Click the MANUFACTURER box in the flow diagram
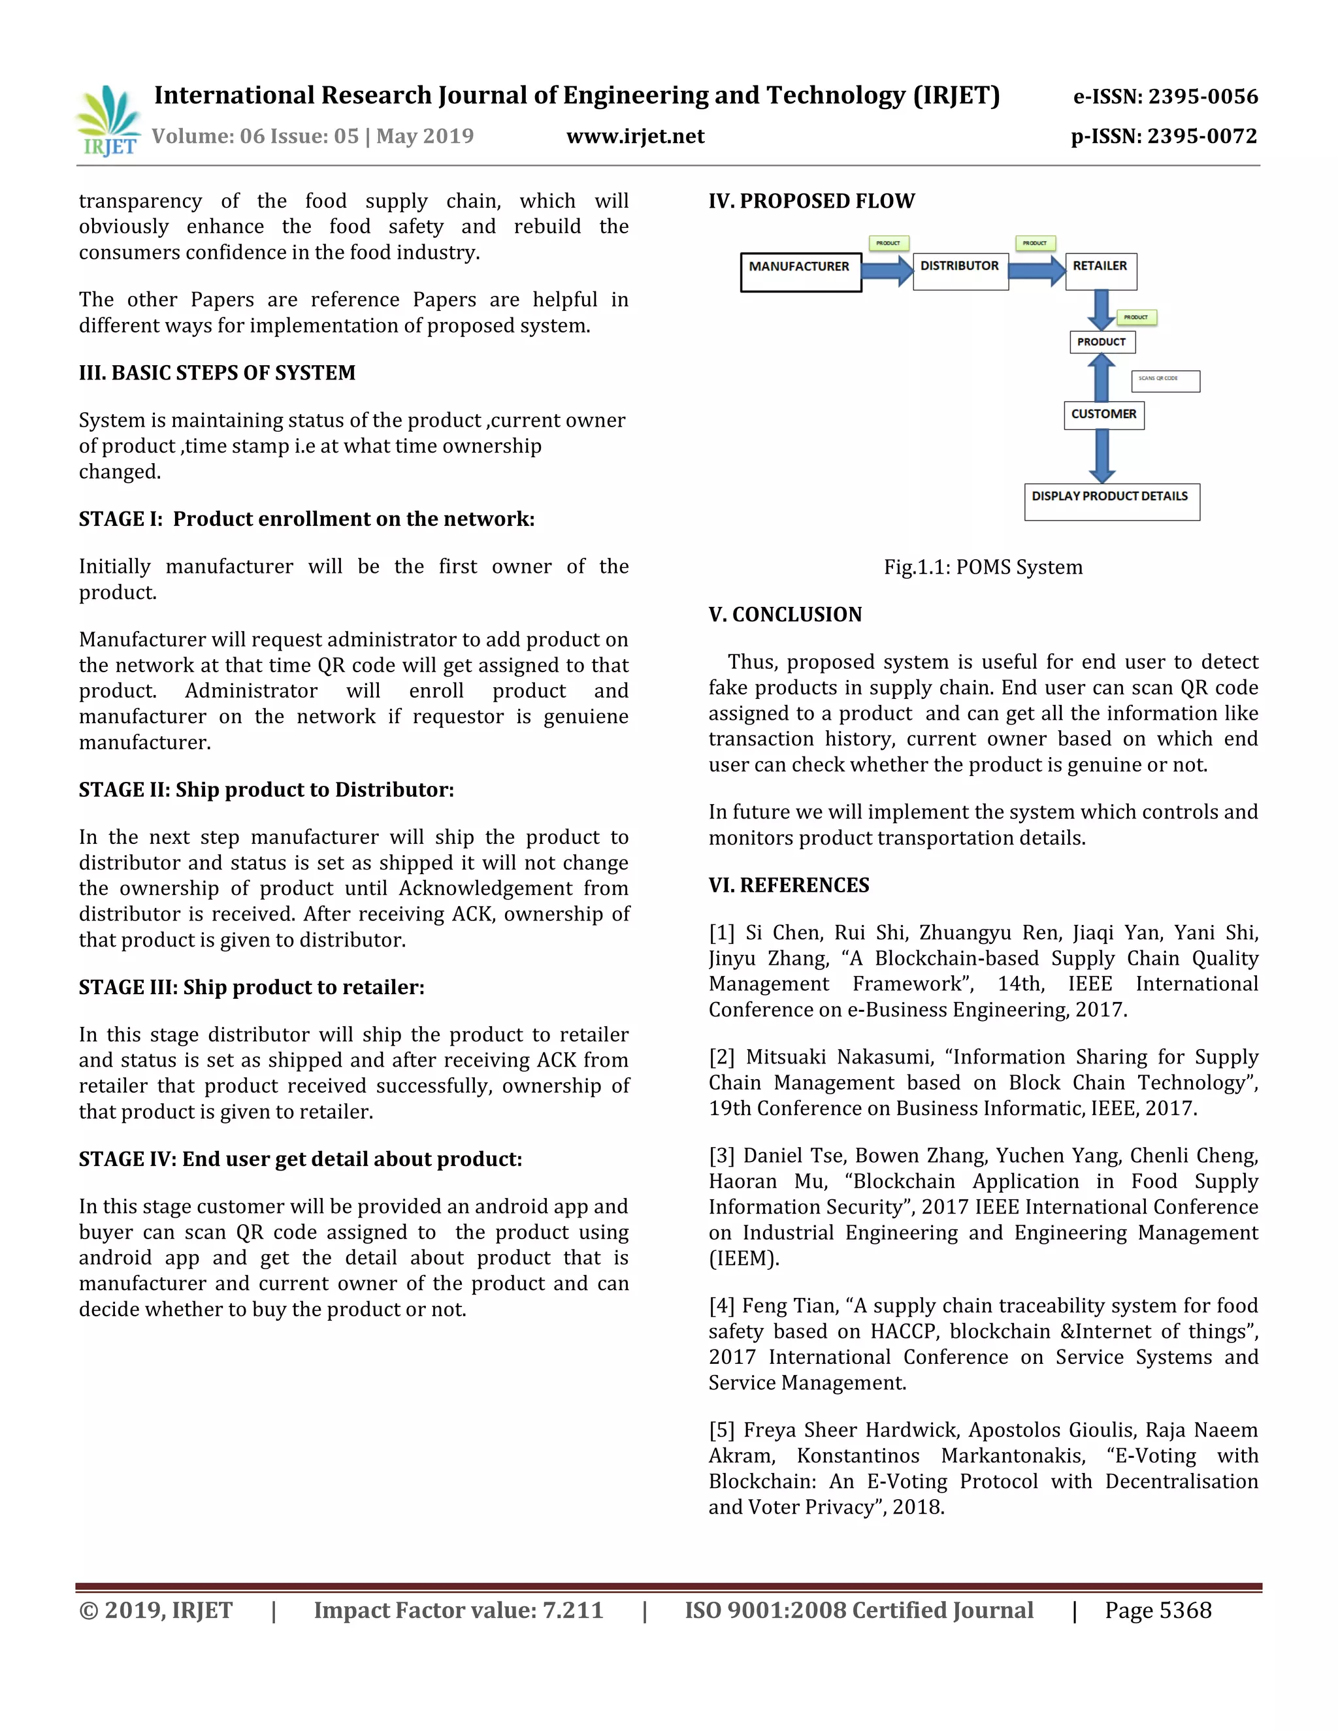click(x=800, y=272)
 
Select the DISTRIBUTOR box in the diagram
click(x=960, y=271)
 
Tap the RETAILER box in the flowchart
click(x=1100, y=271)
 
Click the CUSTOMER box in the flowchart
click(x=1103, y=415)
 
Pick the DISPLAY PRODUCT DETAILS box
click(x=1111, y=502)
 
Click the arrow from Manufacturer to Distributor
click(x=887, y=271)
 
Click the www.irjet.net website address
click(x=635, y=137)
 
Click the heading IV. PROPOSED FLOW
click(x=811, y=201)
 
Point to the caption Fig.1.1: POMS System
click(x=983, y=567)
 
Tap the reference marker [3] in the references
click(x=722, y=1156)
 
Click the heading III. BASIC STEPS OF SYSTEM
click(x=217, y=372)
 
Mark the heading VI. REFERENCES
click(x=789, y=884)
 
